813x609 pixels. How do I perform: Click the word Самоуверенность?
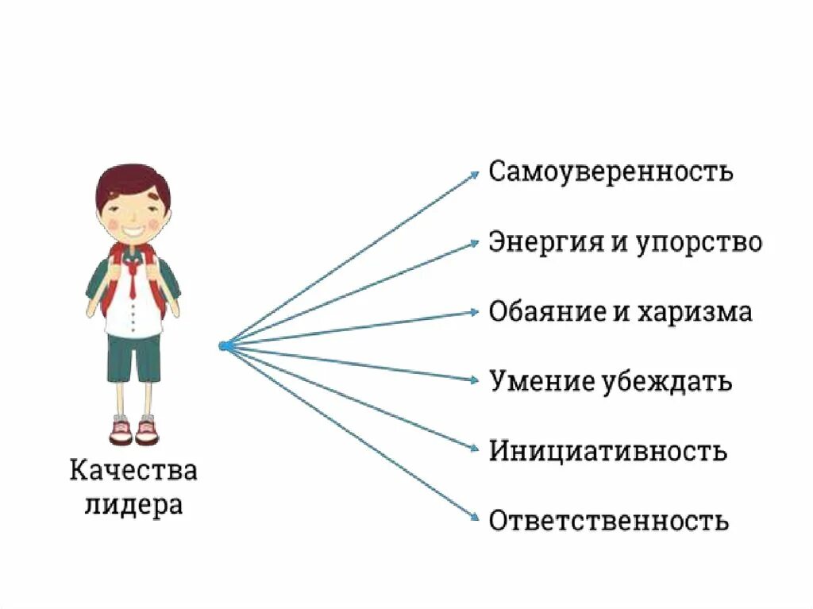(x=611, y=172)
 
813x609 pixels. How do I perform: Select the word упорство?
(x=699, y=243)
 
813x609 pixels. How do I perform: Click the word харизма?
(x=694, y=311)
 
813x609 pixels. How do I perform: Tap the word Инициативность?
(x=607, y=451)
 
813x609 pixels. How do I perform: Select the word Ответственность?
(x=608, y=522)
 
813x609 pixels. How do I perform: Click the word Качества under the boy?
(x=133, y=471)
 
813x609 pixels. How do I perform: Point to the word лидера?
(x=133, y=506)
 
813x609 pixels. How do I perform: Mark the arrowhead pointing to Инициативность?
(x=475, y=449)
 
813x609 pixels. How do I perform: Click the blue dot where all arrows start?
(x=224, y=345)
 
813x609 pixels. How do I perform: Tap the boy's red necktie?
(x=133, y=282)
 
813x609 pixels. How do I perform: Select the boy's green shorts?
(x=134, y=357)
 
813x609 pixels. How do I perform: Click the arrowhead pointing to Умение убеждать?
(x=475, y=380)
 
